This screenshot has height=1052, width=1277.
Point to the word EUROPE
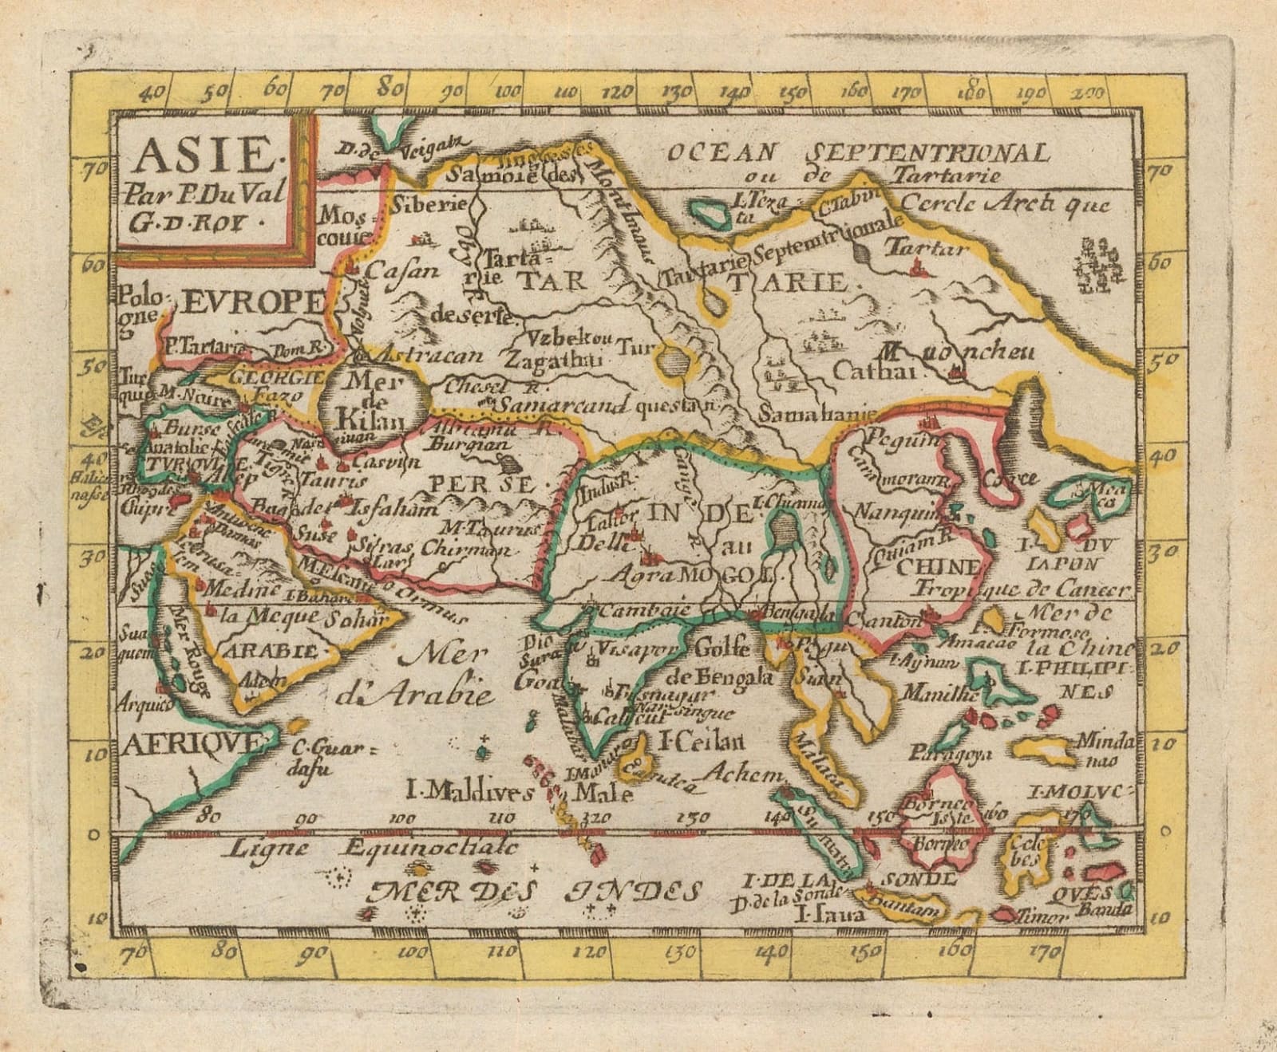tap(254, 301)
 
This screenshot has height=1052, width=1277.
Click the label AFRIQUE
tap(192, 743)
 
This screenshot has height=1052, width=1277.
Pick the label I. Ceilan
tap(700, 742)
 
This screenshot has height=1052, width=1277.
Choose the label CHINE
tap(939, 567)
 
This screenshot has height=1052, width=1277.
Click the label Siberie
tap(429, 204)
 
